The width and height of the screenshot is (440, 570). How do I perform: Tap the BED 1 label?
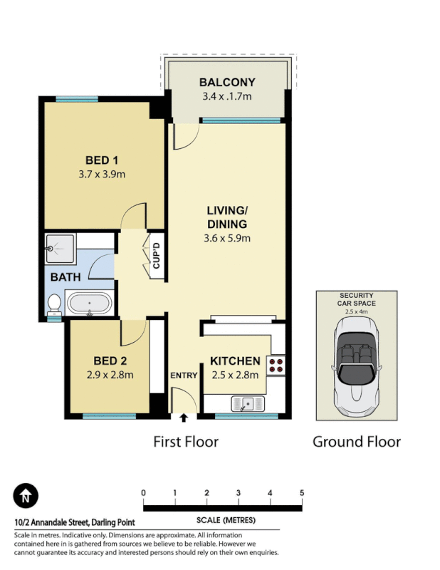[x=100, y=160]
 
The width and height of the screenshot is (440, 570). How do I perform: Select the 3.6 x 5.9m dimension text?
[x=227, y=238]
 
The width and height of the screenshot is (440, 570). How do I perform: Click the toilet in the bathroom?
[x=54, y=304]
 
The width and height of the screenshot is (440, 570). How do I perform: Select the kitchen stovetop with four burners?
[x=276, y=366]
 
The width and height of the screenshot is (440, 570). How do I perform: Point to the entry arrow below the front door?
[x=184, y=418]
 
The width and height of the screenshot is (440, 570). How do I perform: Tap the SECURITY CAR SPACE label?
[x=356, y=299]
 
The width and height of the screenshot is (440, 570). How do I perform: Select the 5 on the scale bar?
[x=302, y=493]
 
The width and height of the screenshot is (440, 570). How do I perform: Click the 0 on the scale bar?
[x=144, y=493]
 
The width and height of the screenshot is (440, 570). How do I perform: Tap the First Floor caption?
[x=186, y=442]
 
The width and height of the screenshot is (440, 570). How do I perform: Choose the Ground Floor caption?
[x=357, y=442]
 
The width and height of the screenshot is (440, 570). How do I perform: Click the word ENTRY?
[x=183, y=375]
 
